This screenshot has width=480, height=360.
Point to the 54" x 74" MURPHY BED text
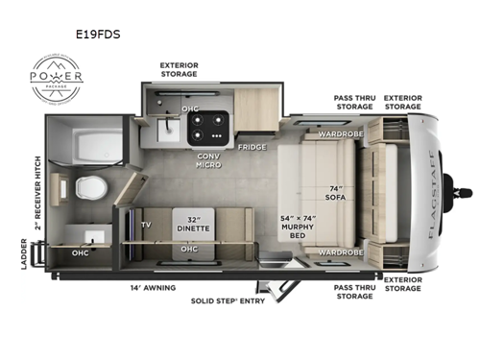pos(299,228)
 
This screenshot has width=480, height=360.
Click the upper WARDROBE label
pos(341,133)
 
